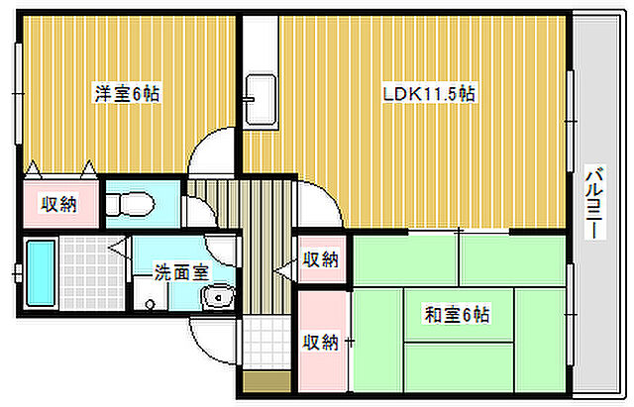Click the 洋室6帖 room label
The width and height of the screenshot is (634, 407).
click(127, 95)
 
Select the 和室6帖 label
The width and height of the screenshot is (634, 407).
click(458, 316)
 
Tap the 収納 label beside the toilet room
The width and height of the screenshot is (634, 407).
click(58, 205)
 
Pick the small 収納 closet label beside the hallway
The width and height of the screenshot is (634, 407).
click(321, 260)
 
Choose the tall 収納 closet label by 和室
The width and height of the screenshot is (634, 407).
click(321, 343)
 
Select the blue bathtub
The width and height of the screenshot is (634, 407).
click(40, 272)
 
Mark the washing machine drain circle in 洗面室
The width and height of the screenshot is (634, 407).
click(151, 306)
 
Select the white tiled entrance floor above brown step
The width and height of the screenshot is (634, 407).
click(263, 342)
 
